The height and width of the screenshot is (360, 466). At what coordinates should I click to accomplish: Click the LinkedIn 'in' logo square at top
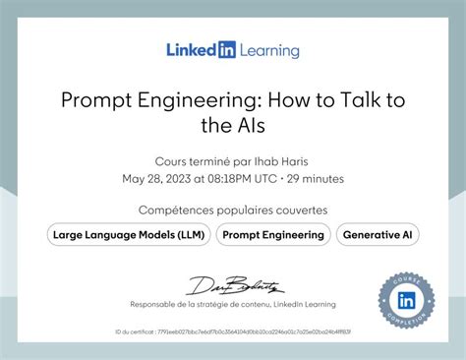(227, 50)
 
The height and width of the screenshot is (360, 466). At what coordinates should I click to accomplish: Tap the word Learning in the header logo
(268, 50)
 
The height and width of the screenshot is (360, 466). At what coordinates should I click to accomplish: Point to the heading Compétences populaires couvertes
(233, 210)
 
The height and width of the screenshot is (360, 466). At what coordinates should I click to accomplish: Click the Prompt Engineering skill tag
(273, 235)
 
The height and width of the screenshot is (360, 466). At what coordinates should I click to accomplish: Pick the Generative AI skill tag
(377, 235)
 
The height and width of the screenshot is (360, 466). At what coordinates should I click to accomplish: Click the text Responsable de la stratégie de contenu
(197, 305)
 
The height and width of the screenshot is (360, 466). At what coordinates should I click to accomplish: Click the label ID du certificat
(135, 332)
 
